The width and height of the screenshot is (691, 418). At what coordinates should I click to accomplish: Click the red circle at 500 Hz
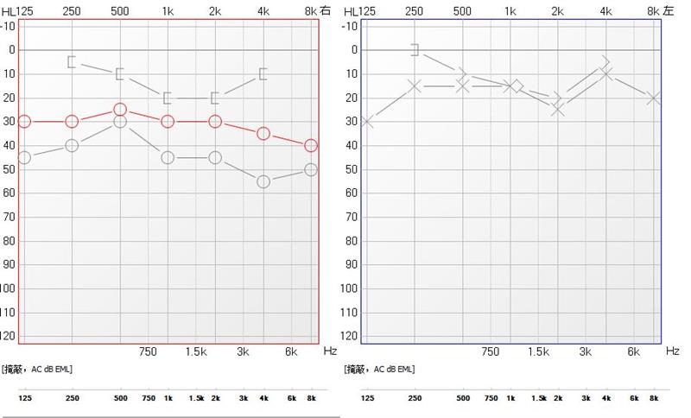tap(120, 110)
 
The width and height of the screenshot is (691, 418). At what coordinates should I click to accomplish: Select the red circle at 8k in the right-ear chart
tap(311, 146)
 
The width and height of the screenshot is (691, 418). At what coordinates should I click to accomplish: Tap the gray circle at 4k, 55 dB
tap(263, 181)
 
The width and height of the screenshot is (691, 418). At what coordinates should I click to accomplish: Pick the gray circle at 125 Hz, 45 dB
tap(24, 157)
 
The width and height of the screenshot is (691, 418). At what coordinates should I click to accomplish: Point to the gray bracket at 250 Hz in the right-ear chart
tap(72, 61)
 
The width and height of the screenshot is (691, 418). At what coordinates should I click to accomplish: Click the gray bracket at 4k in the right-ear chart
tap(263, 73)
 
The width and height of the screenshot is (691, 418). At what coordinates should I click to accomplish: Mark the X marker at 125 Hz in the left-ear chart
tap(367, 122)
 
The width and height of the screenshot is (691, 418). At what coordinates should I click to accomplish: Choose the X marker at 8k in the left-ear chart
tap(655, 98)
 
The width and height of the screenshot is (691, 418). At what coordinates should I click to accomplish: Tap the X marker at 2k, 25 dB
tap(558, 110)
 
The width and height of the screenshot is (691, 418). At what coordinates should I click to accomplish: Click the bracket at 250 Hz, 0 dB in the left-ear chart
tap(415, 49)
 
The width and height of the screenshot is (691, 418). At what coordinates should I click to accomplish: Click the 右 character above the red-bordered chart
tap(325, 11)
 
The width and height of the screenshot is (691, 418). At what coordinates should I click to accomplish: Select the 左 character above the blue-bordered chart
tap(669, 11)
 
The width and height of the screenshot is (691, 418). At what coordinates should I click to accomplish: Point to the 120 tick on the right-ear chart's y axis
tap(9, 335)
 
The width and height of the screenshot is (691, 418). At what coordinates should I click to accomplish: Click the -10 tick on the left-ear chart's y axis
tap(352, 25)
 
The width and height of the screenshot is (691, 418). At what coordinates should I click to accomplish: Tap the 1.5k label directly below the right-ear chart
tap(195, 351)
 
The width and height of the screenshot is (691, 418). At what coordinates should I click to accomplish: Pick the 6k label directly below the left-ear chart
tap(633, 351)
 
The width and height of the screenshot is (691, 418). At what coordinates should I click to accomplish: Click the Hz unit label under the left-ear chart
tap(673, 351)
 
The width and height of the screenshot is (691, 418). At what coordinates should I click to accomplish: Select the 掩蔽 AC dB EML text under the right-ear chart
tap(38, 369)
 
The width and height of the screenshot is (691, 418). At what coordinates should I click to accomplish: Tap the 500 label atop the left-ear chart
tap(462, 11)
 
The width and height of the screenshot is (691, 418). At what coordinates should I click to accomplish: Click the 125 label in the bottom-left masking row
tap(24, 398)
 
